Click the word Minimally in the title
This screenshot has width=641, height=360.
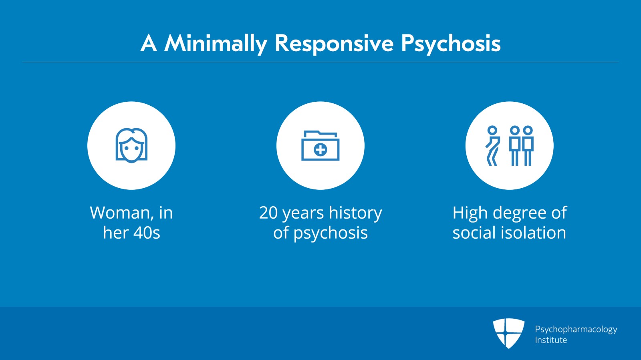[216, 44]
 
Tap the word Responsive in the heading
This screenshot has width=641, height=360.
[334, 44]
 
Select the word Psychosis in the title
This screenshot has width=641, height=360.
[451, 44]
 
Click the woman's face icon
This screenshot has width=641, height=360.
[131, 145]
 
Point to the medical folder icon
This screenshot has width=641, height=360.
[320, 145]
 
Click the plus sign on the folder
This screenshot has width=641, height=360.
[320, 150]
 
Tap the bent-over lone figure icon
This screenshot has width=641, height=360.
[492, 145]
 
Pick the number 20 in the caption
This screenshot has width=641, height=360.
[268, 213]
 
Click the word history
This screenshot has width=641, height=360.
[355, 213]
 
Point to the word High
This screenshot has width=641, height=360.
[470, 213]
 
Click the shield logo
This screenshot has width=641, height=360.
[508, 333]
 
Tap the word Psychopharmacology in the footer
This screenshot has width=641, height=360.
[576, 330]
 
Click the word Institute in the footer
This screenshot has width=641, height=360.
[551, 340]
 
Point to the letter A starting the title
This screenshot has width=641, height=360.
[149, 43]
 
